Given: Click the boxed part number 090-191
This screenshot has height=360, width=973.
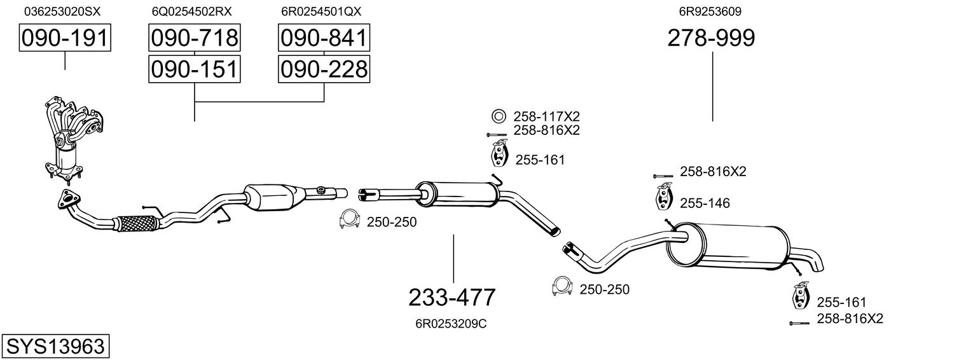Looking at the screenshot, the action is [65, 38].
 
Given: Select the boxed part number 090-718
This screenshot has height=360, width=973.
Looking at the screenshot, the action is [194, 38].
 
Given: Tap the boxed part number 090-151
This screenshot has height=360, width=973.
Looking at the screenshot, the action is [194, 69].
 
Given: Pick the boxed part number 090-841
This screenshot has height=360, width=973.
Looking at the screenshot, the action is [324, 38].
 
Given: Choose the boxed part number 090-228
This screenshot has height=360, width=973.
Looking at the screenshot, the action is [324, 69].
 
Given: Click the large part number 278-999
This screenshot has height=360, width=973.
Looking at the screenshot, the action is [711, 38].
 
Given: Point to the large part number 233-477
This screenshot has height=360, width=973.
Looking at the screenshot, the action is [452, 298].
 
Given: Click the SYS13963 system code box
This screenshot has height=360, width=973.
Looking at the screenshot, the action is [55, 346].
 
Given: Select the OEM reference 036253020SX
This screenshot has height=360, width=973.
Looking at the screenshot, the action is [62, 11].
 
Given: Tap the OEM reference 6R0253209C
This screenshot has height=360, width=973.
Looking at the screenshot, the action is [451, 324].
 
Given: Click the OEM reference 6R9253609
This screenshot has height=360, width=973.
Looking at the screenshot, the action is [710, 11].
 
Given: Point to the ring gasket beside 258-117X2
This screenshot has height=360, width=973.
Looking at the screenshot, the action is [499, 116].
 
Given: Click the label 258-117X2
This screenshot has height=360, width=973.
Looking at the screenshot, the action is [546, 116].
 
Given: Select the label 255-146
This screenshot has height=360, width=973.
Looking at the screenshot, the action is [705, 204].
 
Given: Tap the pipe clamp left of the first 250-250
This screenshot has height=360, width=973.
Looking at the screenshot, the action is [349, 219].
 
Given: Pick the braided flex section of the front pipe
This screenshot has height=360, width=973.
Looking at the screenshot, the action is [135, 223].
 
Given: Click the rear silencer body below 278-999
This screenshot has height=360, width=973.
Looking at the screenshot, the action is [728, 247].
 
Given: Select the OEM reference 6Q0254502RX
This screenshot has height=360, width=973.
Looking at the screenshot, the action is [191, 11].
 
